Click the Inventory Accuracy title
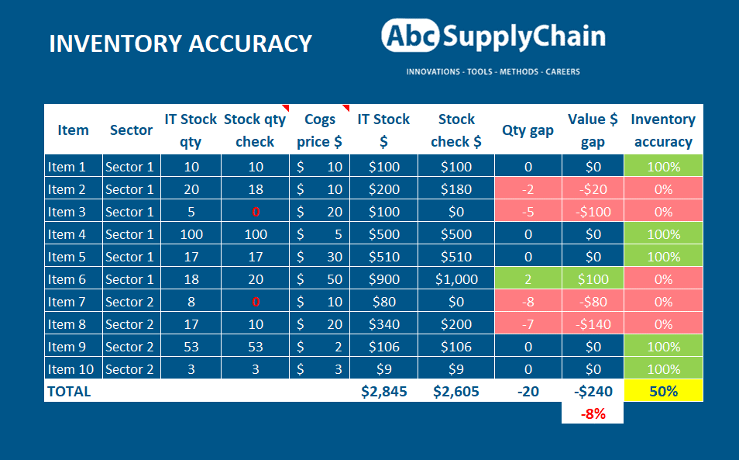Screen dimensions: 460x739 [180, 43]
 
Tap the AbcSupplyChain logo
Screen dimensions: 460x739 [493, 36]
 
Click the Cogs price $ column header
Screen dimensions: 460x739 [319, 130]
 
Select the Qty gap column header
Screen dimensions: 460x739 [528, 130]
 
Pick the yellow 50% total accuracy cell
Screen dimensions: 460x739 [663, 391]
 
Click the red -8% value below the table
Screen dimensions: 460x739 [593, 413]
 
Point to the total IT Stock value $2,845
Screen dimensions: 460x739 [383, 391]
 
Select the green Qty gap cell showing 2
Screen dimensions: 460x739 [528, 279]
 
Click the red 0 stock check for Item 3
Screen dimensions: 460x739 [255, 212]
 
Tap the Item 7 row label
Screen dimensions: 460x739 [72, 302]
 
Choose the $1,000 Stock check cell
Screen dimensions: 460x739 [456, 279]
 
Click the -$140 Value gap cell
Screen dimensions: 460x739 [593, 324]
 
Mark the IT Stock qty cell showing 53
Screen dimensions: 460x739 [190, 347]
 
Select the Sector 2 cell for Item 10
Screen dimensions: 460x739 [130, 369]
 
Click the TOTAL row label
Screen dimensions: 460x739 [70, 391]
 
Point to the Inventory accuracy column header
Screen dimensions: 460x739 [663, 130]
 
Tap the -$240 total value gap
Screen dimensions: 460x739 [593, 391]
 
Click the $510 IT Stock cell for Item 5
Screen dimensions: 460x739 [383, 257]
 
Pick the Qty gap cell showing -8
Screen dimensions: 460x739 [528, 302]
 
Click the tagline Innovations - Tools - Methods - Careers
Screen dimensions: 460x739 [493, 71]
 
